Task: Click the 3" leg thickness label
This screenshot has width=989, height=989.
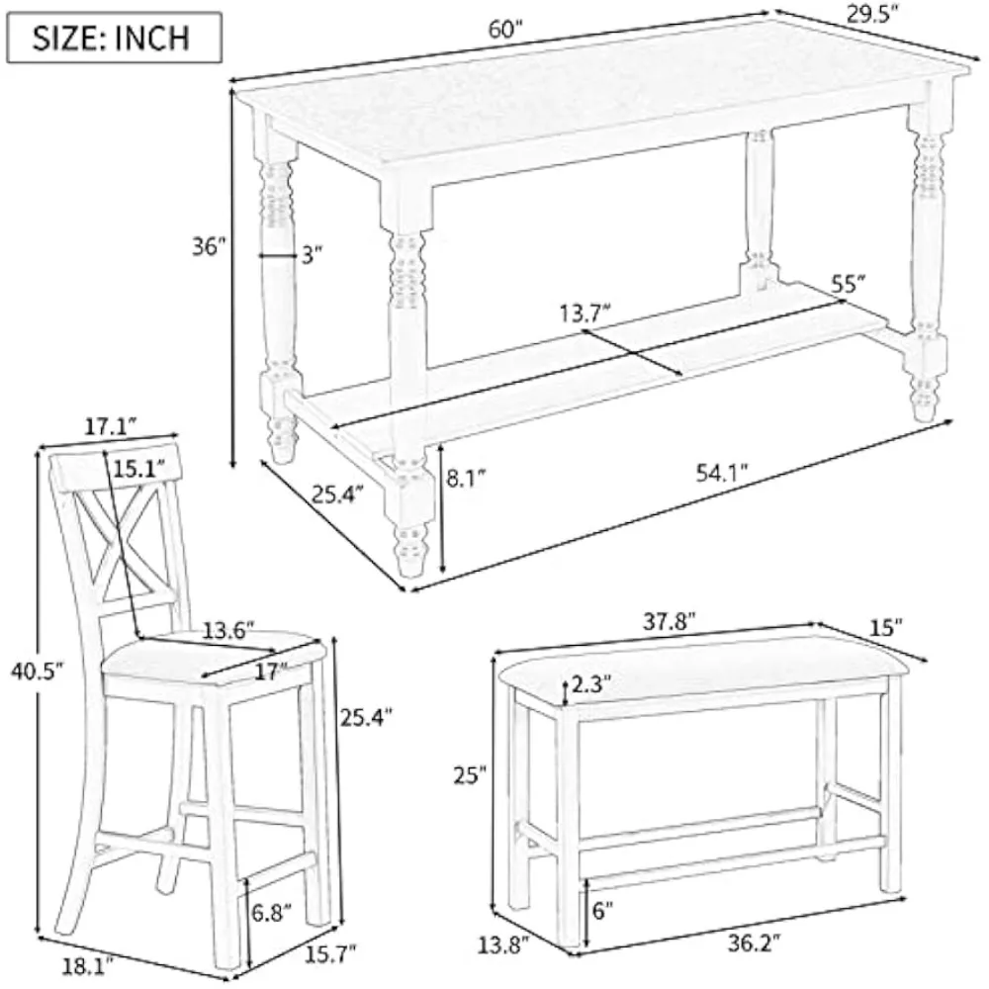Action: (313, 255)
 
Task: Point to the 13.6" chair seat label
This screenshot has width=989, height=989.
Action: (228, 629)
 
